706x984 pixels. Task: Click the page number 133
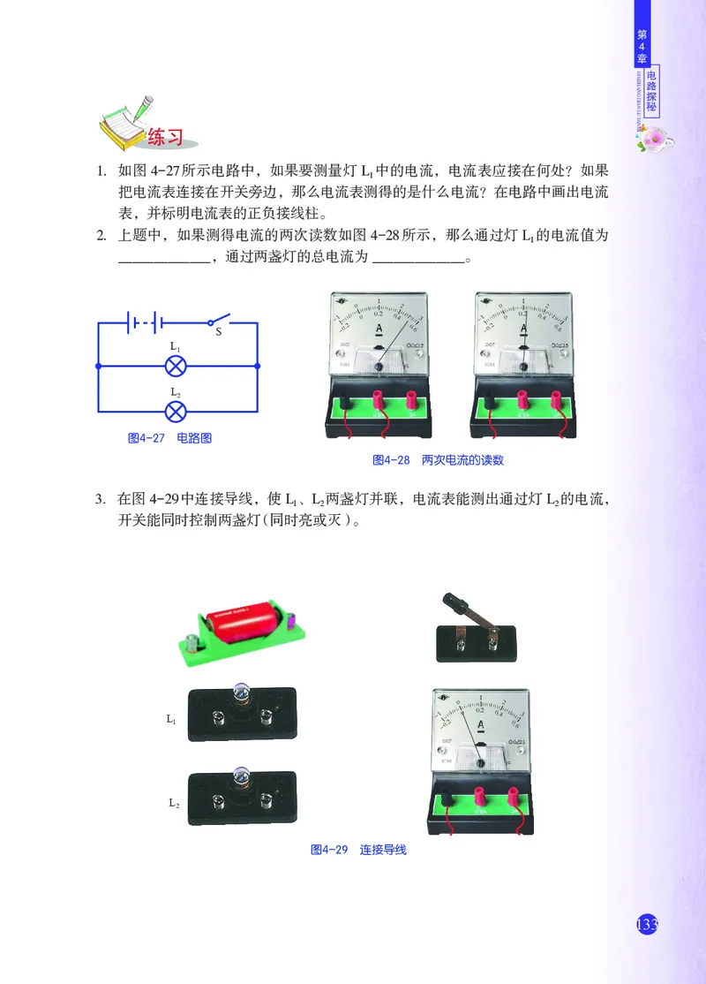[647, 924]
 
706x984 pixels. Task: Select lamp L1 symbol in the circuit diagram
[176, 364]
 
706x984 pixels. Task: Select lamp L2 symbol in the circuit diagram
[176, 411]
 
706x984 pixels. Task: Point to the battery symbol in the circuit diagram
[141, 322]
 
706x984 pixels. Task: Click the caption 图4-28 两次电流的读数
[438, 460]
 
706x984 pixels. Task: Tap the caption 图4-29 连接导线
[358, 850]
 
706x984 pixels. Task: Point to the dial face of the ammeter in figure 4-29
[481, 720]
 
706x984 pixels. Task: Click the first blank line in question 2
[165, 261]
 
